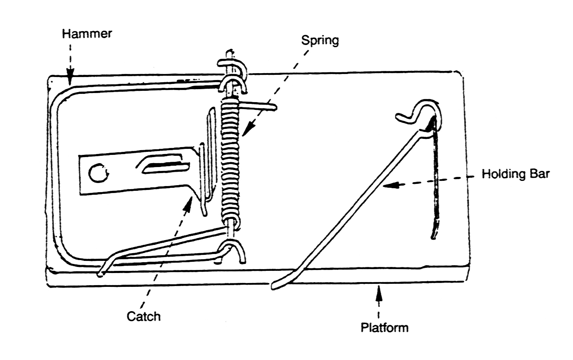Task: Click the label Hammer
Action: point(87,34)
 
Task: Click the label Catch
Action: point(143,316)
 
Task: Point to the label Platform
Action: point(384,327)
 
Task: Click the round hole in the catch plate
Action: point(96,173)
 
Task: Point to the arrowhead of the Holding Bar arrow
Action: point(388,185)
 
